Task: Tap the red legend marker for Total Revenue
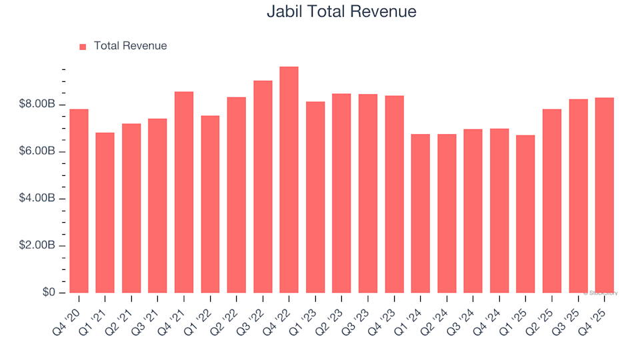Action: point(83,47)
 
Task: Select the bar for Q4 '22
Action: point(289,180)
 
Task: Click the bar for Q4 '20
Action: point(79,201)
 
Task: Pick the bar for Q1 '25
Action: point(525,214)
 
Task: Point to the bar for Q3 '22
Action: point(263,187)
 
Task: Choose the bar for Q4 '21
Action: point(184,192)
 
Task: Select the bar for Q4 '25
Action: point(604,195)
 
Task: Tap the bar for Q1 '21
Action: point(105,213)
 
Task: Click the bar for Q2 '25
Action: point(551,201)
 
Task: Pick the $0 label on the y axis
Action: point(49,293)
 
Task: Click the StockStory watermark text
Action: point(601,293)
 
